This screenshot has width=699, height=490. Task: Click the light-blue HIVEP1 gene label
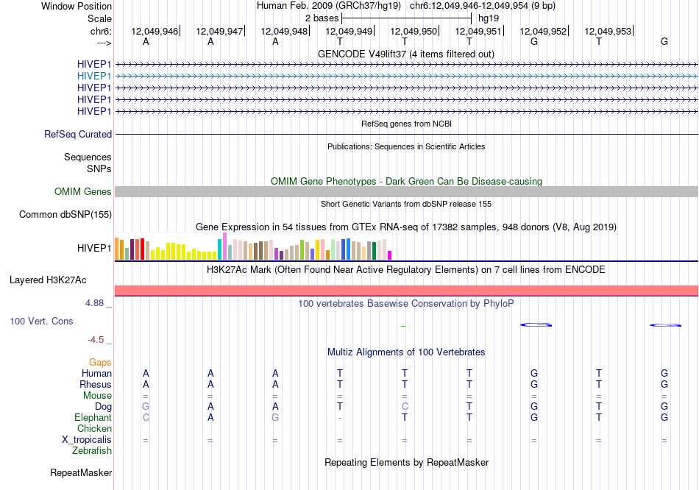click(94, 76)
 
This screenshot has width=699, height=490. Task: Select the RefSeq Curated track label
click(78, 134)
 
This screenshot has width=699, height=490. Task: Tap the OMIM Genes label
click(83, 192)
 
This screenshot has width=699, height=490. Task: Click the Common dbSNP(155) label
click(65, 214)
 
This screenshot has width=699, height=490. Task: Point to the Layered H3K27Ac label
click(48, 280)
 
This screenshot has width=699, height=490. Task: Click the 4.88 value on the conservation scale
click(94, 303)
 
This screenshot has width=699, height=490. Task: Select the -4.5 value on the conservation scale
click(96, 340)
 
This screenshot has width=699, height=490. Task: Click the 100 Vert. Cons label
click(41, 321)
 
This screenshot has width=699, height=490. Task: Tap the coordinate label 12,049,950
click(414, 31)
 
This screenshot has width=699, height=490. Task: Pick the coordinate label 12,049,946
click(155, 31)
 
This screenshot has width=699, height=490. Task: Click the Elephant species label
click(93, 418)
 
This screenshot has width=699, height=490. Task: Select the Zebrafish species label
click(92, 451)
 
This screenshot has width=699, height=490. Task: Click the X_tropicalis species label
click(87, 440)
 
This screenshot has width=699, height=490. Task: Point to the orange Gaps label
click(100, 363)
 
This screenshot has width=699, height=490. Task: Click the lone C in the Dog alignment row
click(405, 407)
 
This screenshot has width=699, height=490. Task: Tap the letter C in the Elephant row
click(146, 418)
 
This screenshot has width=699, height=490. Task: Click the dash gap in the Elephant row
click(340, 418)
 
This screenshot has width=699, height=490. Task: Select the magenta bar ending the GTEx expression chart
click(390, 255)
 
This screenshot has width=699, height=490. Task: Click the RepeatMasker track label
click(81, 472)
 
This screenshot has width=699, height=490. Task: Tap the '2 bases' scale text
click(322, 18)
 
